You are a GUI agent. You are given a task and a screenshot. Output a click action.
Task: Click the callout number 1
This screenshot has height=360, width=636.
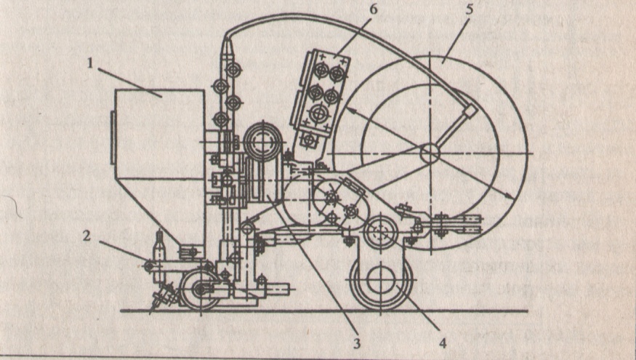point(91,63)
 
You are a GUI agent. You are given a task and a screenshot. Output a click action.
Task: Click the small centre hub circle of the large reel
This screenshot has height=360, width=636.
point(428,153)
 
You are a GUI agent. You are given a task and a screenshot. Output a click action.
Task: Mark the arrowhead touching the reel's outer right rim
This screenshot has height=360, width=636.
point(510,199)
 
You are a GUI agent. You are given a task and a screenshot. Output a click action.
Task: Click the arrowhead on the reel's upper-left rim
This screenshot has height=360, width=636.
point(350,109)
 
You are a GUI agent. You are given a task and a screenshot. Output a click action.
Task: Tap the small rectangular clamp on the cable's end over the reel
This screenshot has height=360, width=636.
point(471,112)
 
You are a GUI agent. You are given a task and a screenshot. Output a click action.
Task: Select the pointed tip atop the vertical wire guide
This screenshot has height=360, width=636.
point(227,47)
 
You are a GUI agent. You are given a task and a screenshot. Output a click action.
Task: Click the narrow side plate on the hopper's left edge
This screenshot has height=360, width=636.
point(113,137)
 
